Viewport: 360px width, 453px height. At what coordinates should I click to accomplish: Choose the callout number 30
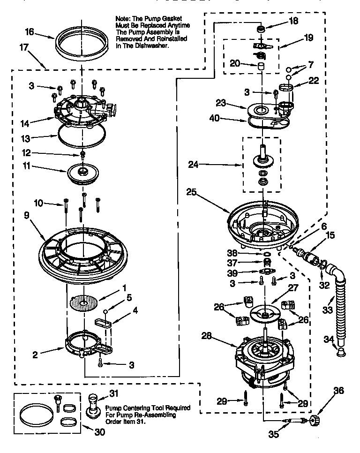coord(99,432)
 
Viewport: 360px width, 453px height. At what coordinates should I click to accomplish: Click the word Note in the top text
coord(121,18)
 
